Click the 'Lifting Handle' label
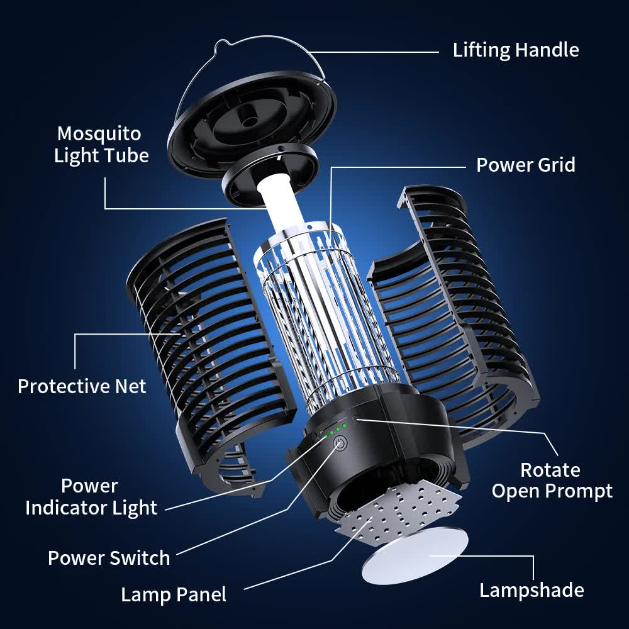tap(515, 50)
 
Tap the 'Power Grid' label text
tap(525, 165)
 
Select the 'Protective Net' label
tap(82, 386)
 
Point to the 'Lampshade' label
tap(531, 590)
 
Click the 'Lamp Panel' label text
tap(173, 594)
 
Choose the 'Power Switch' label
tap(109, 558)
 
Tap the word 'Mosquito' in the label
tap(99, 133)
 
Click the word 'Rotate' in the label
tap(550, 470)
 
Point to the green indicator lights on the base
tap(334, 430)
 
